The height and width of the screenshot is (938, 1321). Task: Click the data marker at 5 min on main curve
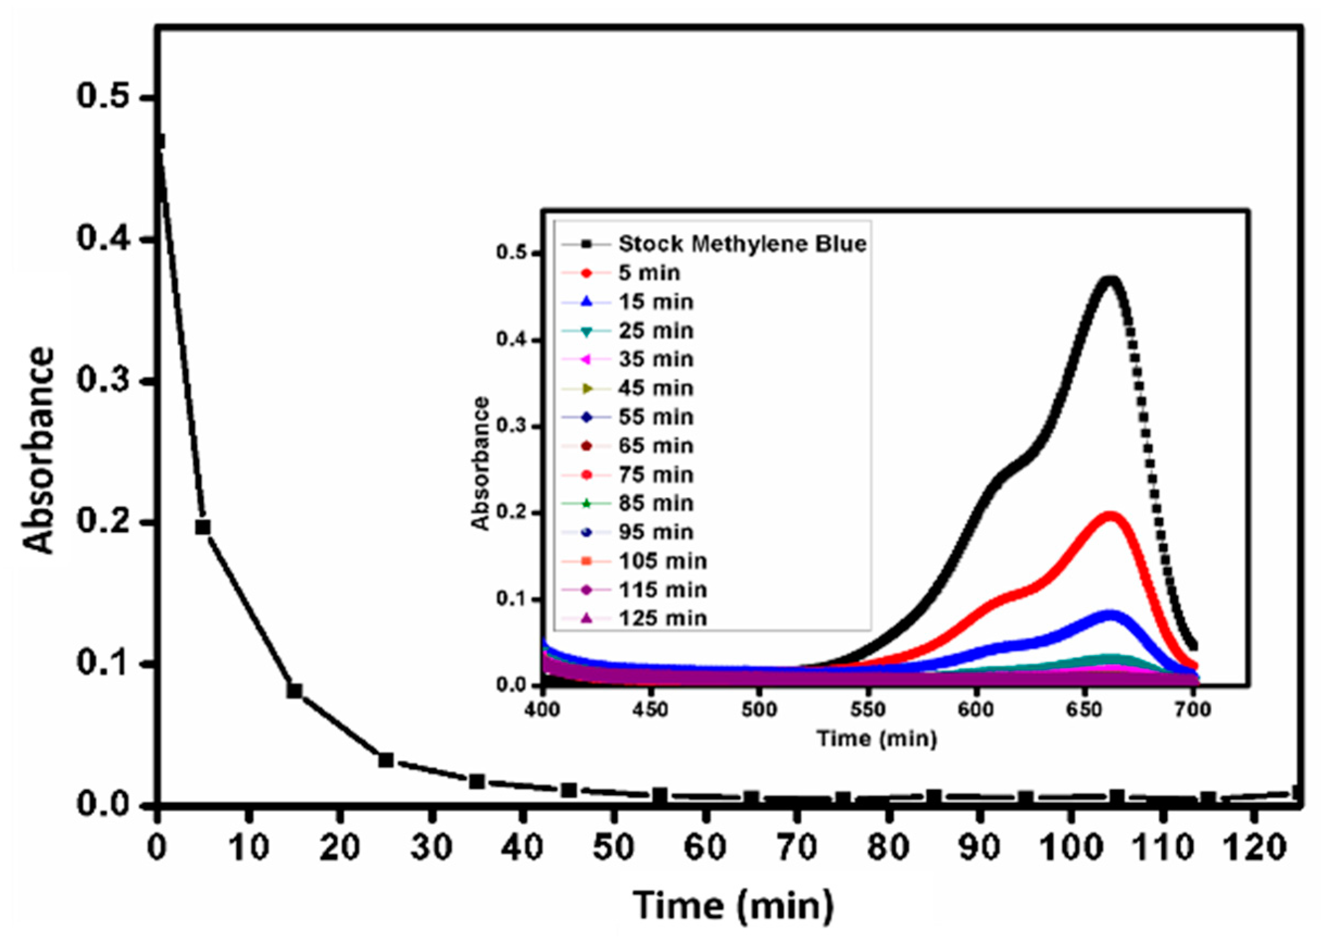coord(203,527)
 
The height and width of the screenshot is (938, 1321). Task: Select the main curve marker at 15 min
coord(294,691)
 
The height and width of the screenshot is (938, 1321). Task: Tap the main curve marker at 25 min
coord(386,759)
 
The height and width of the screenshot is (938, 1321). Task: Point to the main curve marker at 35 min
coord(477,782)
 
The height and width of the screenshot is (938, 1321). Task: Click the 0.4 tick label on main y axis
coord(110,239)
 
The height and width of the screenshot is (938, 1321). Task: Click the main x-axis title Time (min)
coord(733,904)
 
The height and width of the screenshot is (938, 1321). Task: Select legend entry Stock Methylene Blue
coord(742,244)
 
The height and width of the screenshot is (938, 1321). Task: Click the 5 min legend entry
coord(649,272)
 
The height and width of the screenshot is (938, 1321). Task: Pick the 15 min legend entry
coord(655,301)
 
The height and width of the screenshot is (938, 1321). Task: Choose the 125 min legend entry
coord(662,619)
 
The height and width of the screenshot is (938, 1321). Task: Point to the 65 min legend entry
coord(655,446)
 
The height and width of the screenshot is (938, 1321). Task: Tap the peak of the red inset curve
coord(1110,515)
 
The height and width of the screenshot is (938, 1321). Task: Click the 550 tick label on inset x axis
coord(867,709)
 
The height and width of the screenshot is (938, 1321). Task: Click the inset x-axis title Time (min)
coord(876,739)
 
